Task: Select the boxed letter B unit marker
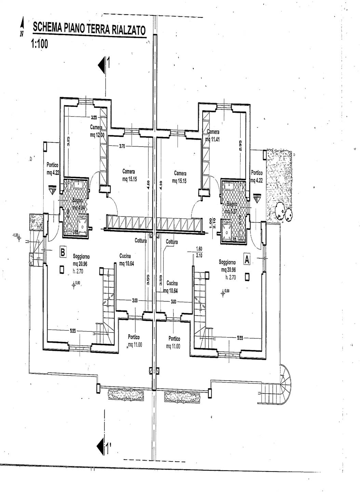pyautogui.click(x=63, y=252)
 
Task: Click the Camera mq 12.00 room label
pyautogui.click(x=97, y=131)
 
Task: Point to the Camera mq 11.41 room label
pyautogui.click(x=213, y=135)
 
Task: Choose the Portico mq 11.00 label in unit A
pyautogui.click(x=174, y=342)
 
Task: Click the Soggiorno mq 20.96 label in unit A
pyautogui.click(x=227, y=266)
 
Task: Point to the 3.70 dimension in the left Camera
pyautogui.click(x=122, y=146)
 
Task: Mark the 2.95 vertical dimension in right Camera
pyautogui.click(x=240, y=146)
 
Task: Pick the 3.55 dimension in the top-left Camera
pyautogui.click(x=94, y=118)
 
